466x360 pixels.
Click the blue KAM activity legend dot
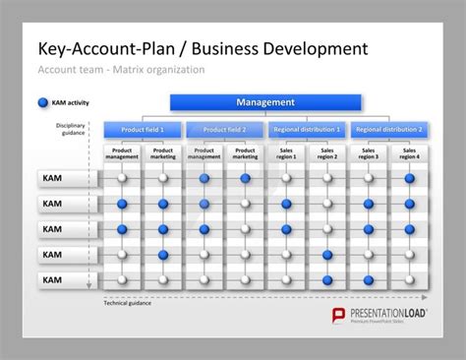click(42, 102)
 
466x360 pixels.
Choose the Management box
click(265, 102)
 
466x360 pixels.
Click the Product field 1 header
click(142, 129)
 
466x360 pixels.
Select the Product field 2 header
click(224, 129)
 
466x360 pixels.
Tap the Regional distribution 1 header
click(307, 129)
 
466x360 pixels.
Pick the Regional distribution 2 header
click(389, 129)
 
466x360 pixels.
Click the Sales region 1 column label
click(286, 153)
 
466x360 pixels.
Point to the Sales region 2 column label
click(327, 153)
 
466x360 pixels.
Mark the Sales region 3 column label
click(369, 153)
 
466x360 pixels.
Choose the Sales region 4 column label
click(409, 153)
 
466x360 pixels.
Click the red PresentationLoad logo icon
click(334, 315)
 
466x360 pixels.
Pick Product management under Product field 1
click(122, 153)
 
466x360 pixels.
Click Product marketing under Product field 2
click(245, 153)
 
